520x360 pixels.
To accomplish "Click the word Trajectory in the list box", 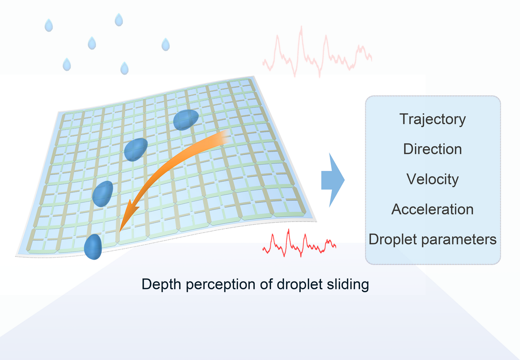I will coord(432,119).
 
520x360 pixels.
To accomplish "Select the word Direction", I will coord(432,149).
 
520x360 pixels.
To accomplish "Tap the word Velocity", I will coord(432,179).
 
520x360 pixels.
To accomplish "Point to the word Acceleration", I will coord(432,209).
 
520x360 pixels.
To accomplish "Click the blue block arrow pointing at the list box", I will coord(333,180).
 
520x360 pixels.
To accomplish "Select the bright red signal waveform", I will coord(299,244).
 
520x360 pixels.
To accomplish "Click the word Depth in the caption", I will coord(159,284).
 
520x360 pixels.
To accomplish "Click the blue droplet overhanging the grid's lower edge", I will coord(93,247).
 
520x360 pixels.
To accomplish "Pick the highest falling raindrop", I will coord(119,20).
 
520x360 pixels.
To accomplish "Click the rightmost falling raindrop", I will coord(165,44).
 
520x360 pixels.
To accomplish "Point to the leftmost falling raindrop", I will coord(48,26).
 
